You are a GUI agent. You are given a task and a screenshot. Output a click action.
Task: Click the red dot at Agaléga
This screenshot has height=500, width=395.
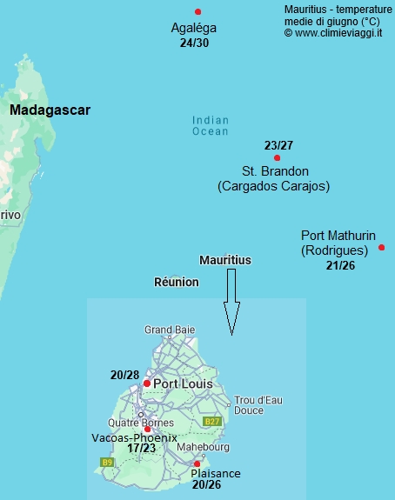click(198, 11)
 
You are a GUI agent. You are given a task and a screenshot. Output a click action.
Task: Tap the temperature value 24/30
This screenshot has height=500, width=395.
click(194, 43)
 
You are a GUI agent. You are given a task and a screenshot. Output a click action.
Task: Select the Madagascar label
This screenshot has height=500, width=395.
click(50, 110)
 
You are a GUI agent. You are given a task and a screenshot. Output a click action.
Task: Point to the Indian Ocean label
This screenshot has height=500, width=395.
click(210, 126)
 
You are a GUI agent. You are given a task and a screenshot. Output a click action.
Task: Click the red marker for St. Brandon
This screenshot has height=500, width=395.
click(277, 157)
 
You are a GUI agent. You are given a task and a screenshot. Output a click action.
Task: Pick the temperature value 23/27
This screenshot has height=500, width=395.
click(278, 145)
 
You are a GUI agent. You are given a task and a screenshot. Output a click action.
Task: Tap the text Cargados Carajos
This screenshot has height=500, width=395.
click(273, 186)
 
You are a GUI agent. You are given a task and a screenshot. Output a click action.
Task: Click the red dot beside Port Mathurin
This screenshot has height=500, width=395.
click(382, 248)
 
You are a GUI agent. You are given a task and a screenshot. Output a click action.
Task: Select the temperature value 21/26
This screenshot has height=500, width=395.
click(340, 264)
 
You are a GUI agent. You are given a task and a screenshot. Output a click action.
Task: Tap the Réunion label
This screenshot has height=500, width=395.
click(176, 283)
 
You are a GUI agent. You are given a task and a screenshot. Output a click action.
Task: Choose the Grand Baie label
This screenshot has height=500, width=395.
click(170, 330)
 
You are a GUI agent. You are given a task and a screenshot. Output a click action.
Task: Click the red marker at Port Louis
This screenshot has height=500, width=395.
click(147, 383)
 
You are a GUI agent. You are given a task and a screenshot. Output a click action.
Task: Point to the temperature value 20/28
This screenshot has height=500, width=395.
click(125, 374)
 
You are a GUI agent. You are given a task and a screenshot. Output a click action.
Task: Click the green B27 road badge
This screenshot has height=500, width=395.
click(211, 422)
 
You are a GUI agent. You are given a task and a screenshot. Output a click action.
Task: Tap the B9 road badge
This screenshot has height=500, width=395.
click(107, 462)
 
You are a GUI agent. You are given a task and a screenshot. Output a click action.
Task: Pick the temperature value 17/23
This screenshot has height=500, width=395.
click(142, 449)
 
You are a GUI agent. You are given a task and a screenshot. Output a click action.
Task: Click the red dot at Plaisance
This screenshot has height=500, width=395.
click(197, 463)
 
